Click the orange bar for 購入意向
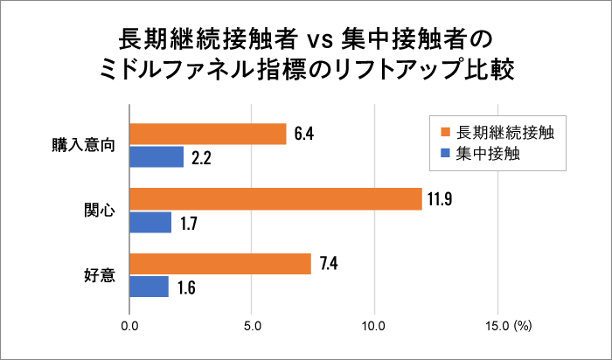(208, 134)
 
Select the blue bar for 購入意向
(156, 157)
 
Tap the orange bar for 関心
(275, 199)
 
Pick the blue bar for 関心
(150, 223)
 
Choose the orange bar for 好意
(220, 264)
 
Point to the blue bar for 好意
(149, 287)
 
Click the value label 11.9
(439, 199)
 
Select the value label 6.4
(304, 134)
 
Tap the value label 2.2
(201, 158)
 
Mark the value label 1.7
(189, 224)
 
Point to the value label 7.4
(329, 264)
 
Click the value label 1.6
(186, 288)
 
